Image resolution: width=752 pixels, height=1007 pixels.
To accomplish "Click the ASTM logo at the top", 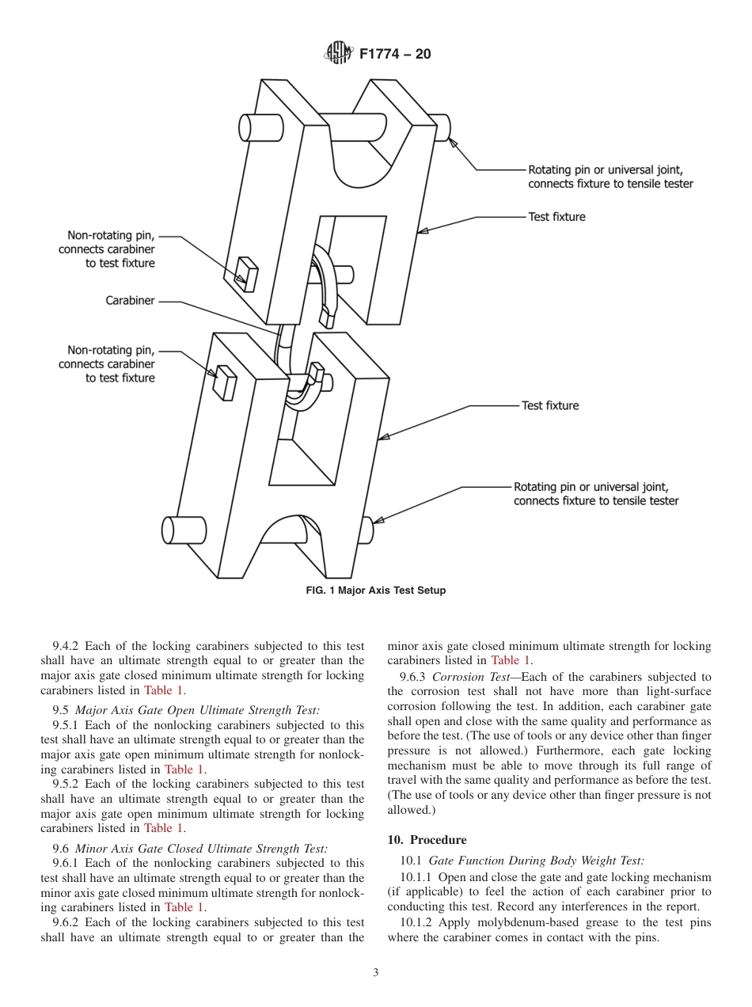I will pos(337,54).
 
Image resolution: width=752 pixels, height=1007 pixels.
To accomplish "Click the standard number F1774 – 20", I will pos(395,55).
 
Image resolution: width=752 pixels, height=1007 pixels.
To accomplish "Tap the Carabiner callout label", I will pos(130,301).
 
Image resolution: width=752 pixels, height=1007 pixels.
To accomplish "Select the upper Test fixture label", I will pos(556,217).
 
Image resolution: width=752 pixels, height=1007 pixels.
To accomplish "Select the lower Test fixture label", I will pos(549,405).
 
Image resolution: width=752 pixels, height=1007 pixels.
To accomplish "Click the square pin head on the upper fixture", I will pos(248,274).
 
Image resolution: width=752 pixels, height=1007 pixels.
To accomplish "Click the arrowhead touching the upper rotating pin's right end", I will pos(453,142).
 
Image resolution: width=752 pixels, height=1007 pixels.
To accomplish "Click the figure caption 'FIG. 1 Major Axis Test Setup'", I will pos(375,591).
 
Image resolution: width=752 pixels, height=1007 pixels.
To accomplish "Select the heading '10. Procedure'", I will pos(427,840).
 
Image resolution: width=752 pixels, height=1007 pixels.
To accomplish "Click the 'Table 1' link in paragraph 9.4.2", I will pos(163,690).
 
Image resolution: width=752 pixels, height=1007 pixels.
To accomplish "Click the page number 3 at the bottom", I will pos(375,973).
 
